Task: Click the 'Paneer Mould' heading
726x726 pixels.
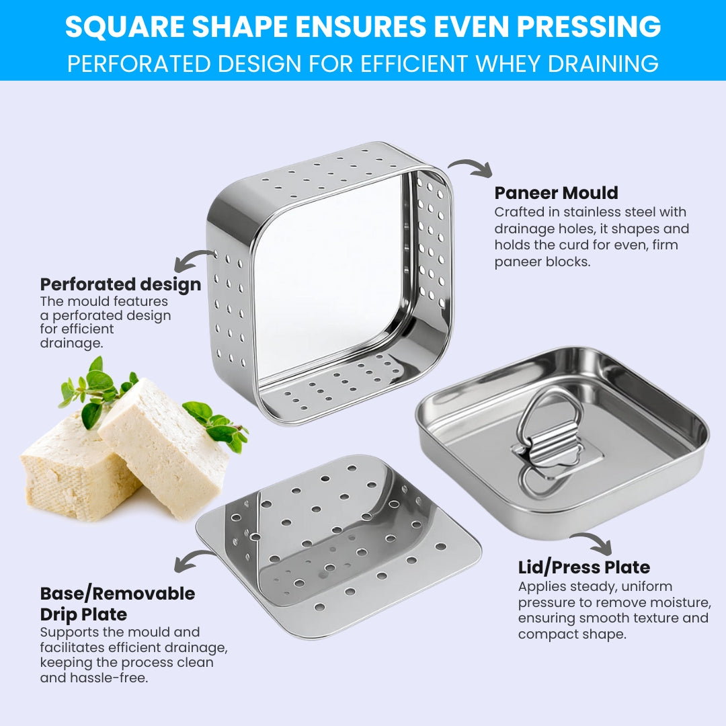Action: tap(556, 193)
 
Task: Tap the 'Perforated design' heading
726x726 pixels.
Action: tap(120, 284)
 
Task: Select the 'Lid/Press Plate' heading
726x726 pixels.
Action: tap(584, 567)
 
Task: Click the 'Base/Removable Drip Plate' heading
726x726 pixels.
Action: tap(118, 604)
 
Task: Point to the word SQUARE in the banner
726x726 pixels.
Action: tap(125, 26)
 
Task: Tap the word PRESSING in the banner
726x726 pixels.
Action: tap(588, 26)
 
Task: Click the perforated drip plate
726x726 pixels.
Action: tap(338, 547)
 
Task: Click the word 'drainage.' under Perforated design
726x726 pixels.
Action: tap(71, 343)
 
